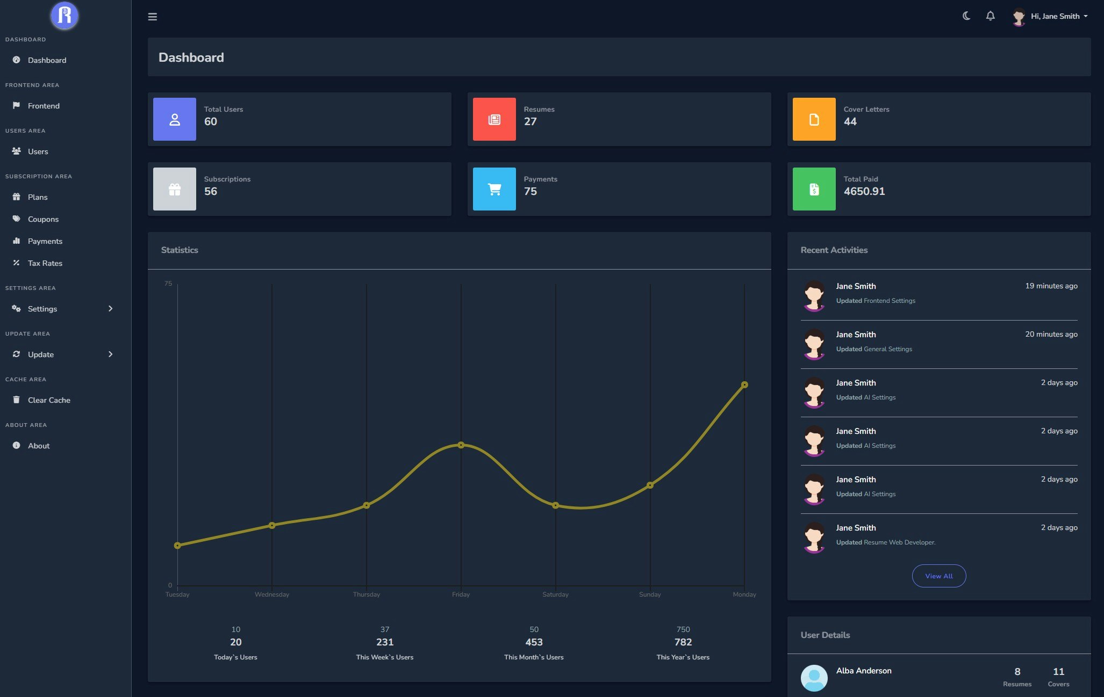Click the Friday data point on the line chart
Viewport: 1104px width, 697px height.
coord(461,445)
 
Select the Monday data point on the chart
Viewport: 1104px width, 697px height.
coord(744,384)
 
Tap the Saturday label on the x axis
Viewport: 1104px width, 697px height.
coord(555,594)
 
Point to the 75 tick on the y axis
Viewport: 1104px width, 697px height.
coord(168,284)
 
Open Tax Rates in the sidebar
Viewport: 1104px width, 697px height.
coord(45,263)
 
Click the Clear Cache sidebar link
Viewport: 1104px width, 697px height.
coord(49,400)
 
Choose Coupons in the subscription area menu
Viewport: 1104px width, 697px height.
coord(43,219)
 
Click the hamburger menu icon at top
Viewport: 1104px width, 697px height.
coord(153,17)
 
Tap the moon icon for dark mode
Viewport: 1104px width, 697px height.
coord(966,16)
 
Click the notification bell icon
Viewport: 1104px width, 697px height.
coord(990,16)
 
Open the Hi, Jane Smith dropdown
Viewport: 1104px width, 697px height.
coord(1054,16)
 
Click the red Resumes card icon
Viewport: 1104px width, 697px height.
coord(494,119)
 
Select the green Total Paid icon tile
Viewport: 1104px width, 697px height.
coord(814,189)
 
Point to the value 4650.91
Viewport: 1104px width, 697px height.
coord(864,191)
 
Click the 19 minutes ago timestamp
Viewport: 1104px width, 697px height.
coord(1051,286)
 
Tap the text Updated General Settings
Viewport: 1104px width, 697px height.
coord(873,349)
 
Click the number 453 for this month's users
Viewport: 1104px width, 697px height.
coord(534,642)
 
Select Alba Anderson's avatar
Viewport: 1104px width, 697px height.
coord(814,678)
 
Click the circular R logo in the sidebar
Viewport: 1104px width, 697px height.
coord(64,16)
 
